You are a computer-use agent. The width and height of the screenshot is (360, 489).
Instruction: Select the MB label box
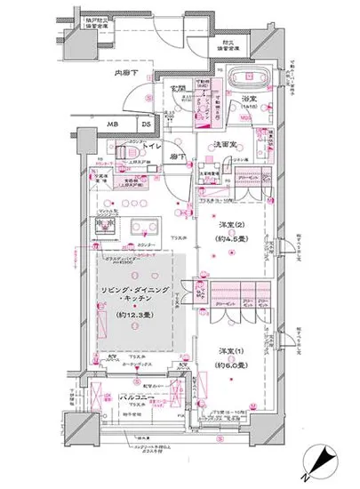pyautogui.click(x=115, y=123)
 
